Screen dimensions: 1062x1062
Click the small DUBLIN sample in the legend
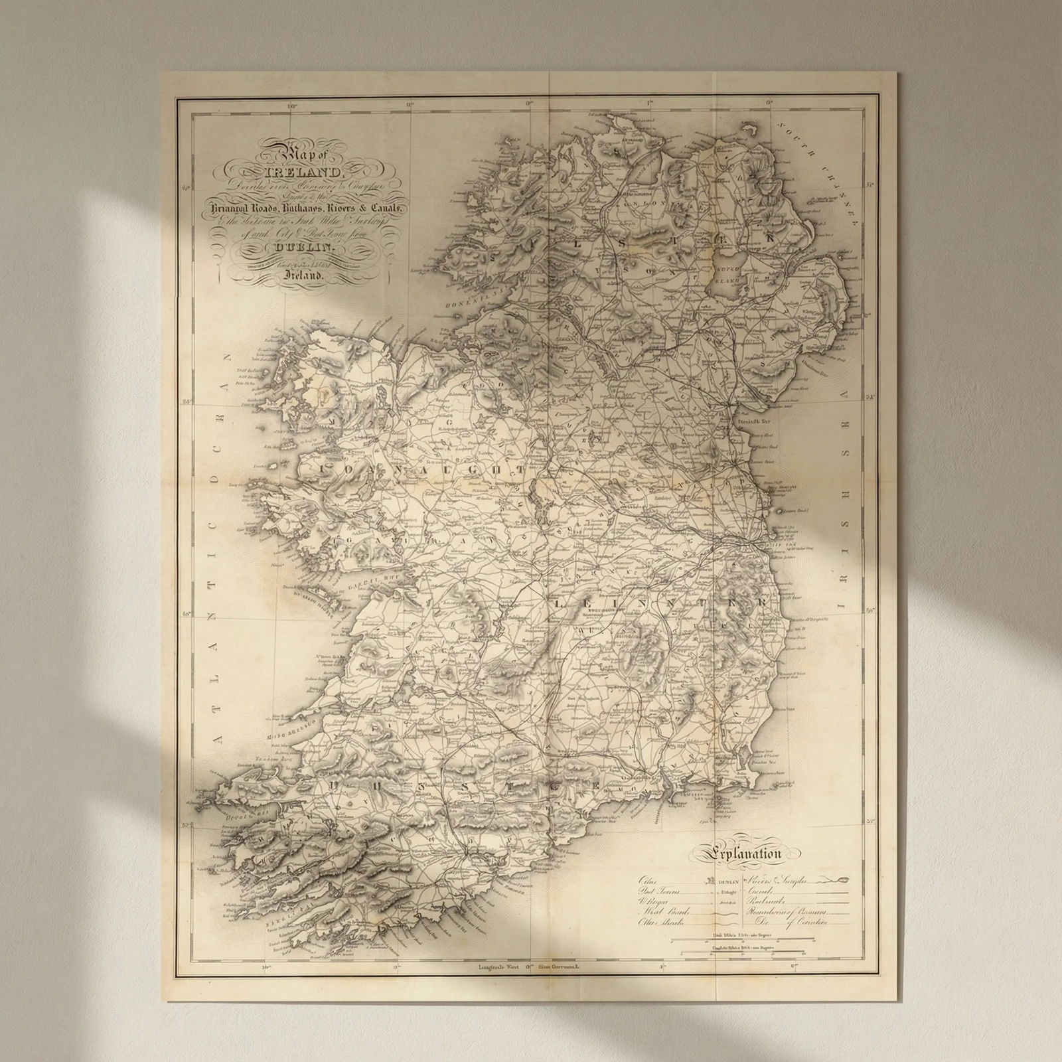[x=728, y=881]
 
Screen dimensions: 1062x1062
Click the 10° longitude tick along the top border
[x=291, y=104]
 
